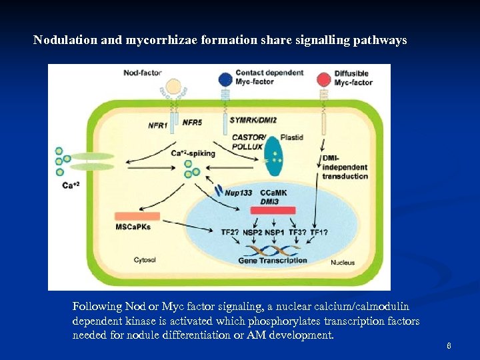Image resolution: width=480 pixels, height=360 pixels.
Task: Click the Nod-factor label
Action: click(x=143, y=73)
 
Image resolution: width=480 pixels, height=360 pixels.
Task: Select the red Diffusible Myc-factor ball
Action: click(x=324, y=79)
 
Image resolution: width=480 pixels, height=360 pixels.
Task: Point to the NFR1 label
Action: click(x=158, y=125)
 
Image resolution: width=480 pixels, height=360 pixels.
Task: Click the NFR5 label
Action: click(x=192, y=122)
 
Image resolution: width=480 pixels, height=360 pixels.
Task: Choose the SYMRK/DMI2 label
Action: click(x=253, y=119)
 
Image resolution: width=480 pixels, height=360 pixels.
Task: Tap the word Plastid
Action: click(x=292, y=137)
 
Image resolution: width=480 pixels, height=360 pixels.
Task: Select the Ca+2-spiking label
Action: click(x=193, y=153)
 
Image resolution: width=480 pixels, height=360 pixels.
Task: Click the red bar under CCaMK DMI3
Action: click(x=273, y=211)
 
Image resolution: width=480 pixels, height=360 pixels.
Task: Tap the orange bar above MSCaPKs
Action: click(x=137, y=216)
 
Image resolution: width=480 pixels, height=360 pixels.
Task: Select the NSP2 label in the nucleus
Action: click(x=253, y=232)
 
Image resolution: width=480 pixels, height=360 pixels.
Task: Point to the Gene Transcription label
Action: click(x=273, y=261)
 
